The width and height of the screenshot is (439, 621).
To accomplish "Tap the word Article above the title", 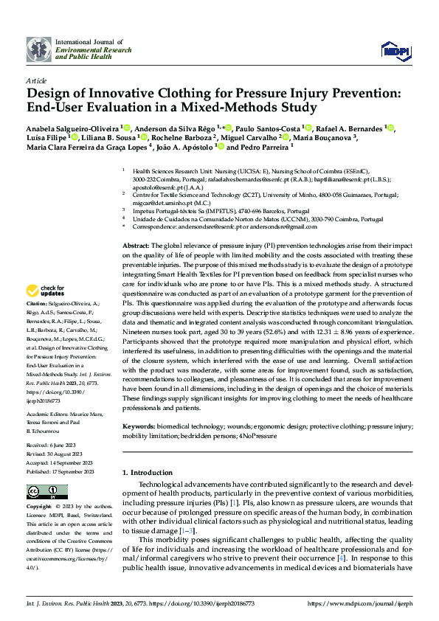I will [36, 80].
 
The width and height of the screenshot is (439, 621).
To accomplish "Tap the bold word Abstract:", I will [136, 245].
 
